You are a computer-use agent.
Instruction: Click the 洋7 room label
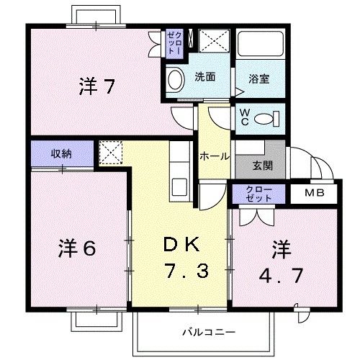(96, 87)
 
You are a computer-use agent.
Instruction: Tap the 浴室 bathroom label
(259, 78)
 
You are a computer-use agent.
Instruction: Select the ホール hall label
(214, 156)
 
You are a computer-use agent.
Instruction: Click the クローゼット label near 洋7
(174, 45)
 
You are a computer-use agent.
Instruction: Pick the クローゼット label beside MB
(259, 193)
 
